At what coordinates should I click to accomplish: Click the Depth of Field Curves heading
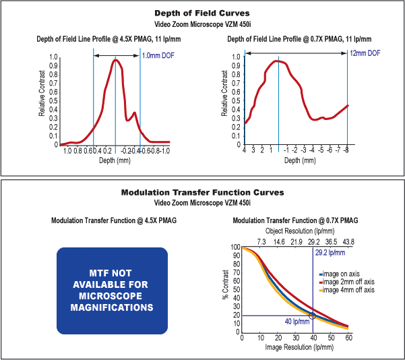pos(202,13)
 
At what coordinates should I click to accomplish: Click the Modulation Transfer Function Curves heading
pos(202,192)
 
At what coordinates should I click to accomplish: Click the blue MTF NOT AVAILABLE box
pos(112,291)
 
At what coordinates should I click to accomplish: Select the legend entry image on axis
pos(344,274)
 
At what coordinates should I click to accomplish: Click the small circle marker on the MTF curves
pos(312,316)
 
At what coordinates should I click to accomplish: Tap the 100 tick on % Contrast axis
pos(235,247)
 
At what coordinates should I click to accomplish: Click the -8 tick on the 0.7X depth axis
pos(347,151)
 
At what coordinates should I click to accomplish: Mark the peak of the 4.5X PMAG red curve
pos(116,60)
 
